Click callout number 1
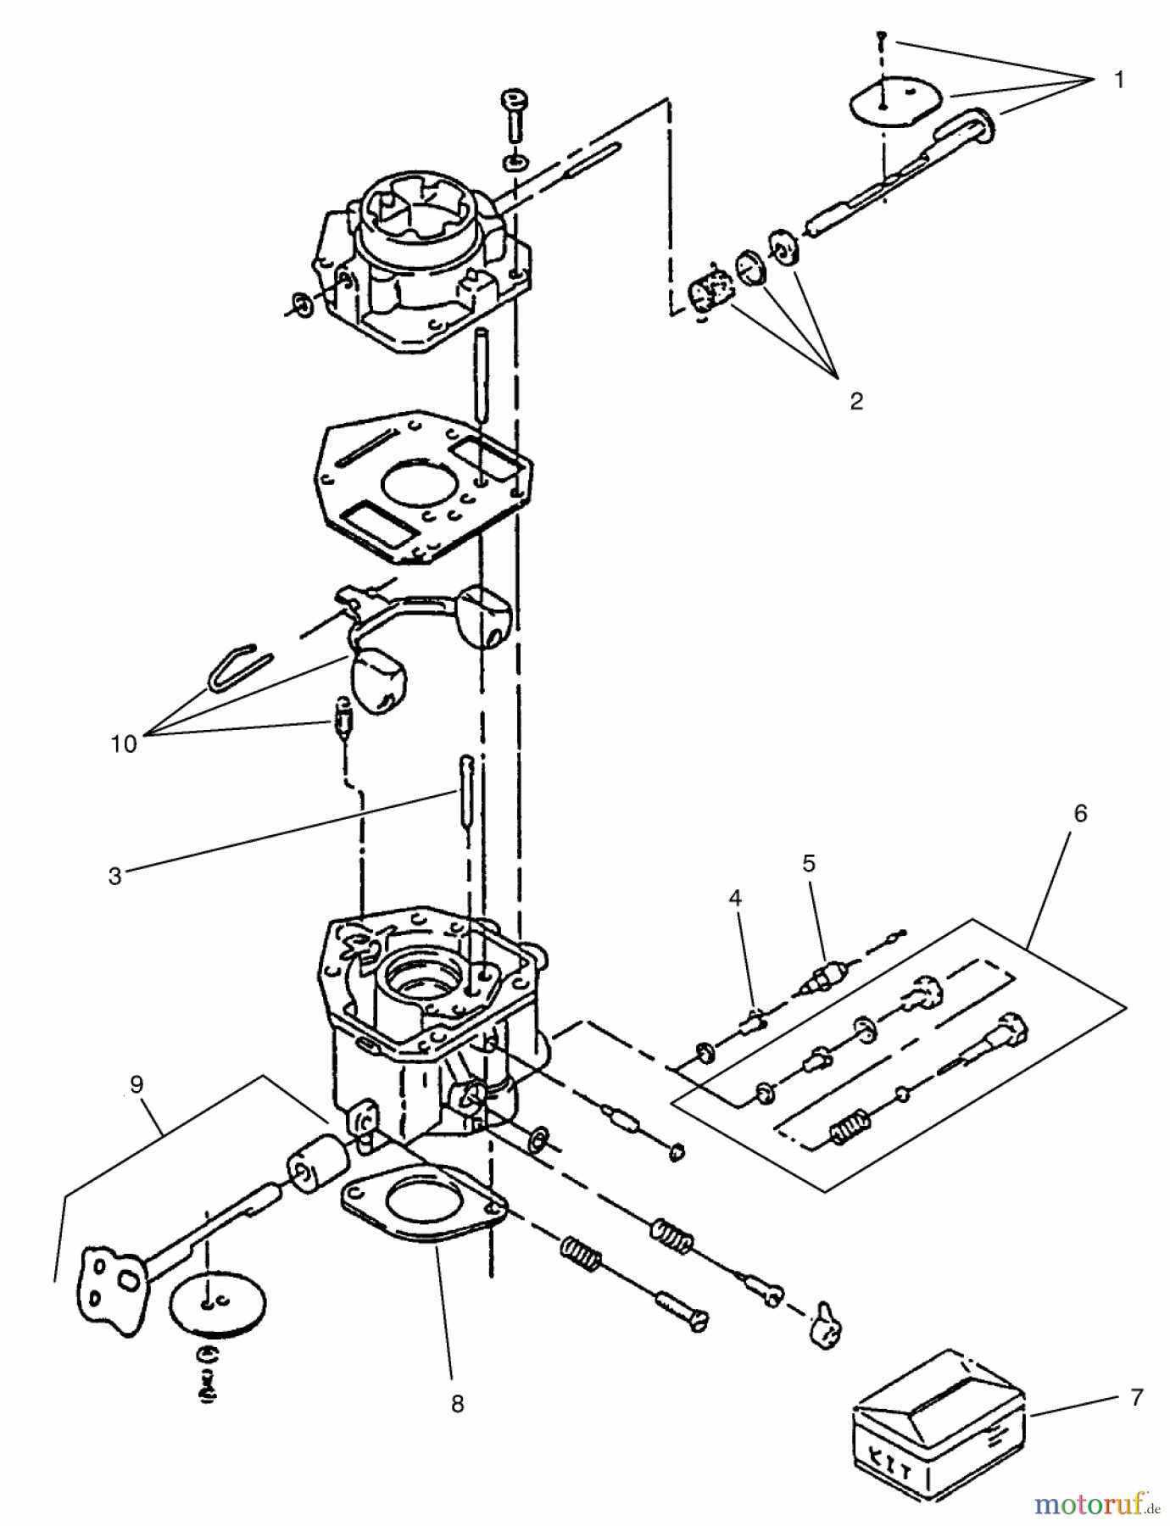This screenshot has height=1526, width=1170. coord(1118,80)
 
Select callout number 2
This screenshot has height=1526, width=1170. coord(855,401)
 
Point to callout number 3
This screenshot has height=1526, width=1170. coord(115,876)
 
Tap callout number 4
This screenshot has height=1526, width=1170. coord(735,898)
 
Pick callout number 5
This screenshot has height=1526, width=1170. coord(808,863)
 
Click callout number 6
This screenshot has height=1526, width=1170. coord(1079,813)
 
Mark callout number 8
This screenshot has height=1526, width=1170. coord(457,1404)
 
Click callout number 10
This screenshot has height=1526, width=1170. coord(124,744)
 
